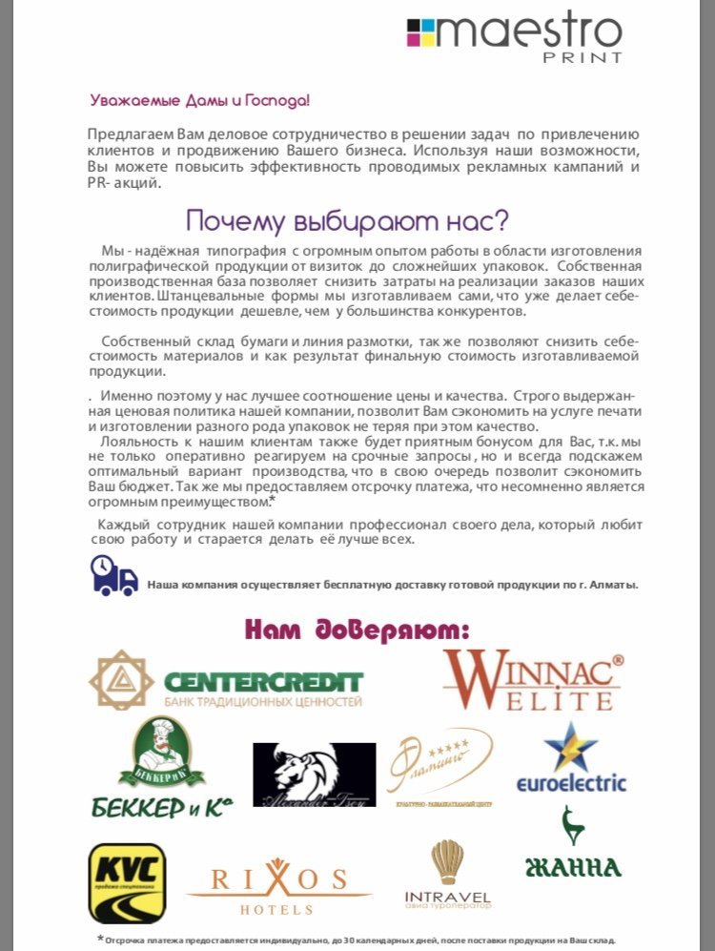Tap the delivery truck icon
pos(114,576)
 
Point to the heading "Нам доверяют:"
pos(357,630)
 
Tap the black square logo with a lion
pos(314,775)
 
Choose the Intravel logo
pos(447,874)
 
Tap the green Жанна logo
pos(573,843)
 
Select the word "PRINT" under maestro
pos(583,57)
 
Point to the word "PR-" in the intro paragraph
pos(101,183)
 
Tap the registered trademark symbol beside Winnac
pos(617,659)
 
